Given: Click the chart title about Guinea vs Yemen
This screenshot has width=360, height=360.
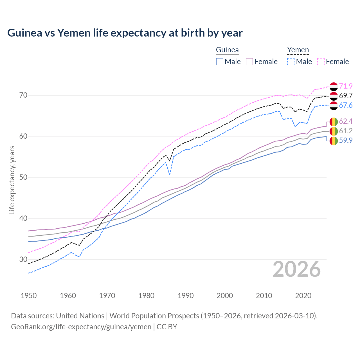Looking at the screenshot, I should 125,33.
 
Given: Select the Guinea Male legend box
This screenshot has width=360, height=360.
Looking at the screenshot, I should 220,62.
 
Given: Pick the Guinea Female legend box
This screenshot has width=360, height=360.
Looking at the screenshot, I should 249,62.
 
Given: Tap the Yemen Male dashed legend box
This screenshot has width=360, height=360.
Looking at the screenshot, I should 291,62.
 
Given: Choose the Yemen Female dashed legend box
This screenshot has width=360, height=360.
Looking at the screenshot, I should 321,62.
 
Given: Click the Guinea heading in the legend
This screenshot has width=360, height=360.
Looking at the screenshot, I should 227,50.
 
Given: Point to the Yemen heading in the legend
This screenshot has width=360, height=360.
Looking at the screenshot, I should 298,50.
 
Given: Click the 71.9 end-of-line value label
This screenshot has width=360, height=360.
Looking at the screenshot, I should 346,86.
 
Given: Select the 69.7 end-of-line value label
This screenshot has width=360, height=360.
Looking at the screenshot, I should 346,96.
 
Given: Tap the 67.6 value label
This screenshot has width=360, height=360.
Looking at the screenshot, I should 346,105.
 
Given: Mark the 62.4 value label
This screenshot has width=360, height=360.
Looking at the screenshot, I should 346,121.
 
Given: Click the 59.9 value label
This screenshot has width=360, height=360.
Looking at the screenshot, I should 346,140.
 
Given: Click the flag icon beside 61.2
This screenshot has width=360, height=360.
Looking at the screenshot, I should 334,131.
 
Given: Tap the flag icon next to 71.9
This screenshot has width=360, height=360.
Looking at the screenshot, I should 334,86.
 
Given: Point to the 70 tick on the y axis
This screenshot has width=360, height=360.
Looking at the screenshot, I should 24,95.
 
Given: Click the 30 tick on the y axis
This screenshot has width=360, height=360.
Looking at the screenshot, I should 24,259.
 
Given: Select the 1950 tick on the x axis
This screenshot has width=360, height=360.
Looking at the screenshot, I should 29,296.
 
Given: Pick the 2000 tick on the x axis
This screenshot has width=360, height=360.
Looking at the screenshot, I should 225,296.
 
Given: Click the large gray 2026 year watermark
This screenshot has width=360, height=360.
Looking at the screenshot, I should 296,269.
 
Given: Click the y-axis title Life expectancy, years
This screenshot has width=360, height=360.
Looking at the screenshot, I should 12,180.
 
